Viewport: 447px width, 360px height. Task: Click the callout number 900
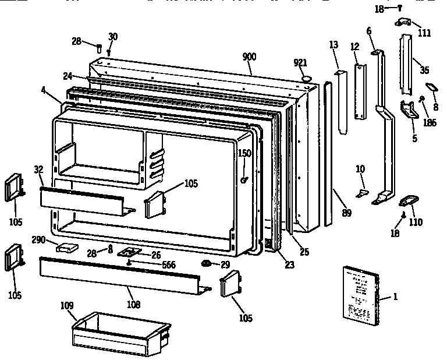(250, 57)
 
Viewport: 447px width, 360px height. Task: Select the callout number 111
(424, 33)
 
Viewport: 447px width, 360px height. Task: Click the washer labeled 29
(205, 265)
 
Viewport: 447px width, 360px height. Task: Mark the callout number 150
(244, 153)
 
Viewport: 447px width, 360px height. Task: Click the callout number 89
(346, 213)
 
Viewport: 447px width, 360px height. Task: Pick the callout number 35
(424, 70)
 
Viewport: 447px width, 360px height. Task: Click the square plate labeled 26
(130, 252)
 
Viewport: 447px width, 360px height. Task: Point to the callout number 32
(38, 170)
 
